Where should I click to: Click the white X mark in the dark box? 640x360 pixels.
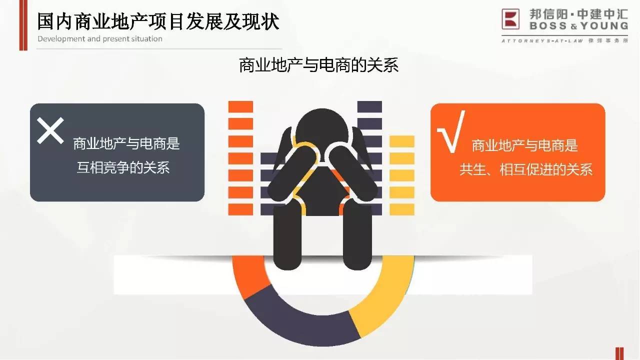pos(50,130)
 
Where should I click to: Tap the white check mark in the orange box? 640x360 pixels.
pos(451,131)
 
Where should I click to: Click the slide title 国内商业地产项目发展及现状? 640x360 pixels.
pos(158,21)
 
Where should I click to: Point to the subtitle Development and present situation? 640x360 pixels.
pos(100,39)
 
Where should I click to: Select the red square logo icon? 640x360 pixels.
pos(510,19)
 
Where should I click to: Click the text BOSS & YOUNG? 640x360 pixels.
pos(579,26)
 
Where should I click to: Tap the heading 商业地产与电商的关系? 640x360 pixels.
pos(318,65)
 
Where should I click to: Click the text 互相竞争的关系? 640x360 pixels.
pos(123,167)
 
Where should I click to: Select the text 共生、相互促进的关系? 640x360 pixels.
pos(526,169)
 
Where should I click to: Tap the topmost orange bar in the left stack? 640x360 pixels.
pos(240,106)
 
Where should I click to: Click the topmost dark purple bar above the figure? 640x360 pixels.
pos(369,106)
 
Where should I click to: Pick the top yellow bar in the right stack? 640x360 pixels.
pos(402,141)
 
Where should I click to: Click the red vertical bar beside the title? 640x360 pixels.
pos(23,25)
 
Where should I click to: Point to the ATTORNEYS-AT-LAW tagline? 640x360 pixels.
pos(542,41)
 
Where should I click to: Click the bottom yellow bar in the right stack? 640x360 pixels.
pos(402,209)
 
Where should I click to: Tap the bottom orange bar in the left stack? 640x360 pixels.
pos(240,209)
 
